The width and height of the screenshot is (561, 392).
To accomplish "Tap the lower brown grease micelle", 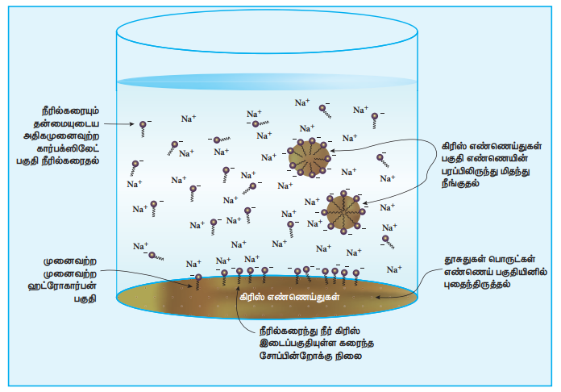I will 344,212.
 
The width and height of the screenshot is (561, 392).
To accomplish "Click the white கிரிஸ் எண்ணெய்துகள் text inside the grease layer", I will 289,297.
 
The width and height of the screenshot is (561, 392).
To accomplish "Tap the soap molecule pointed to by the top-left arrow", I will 143,125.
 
